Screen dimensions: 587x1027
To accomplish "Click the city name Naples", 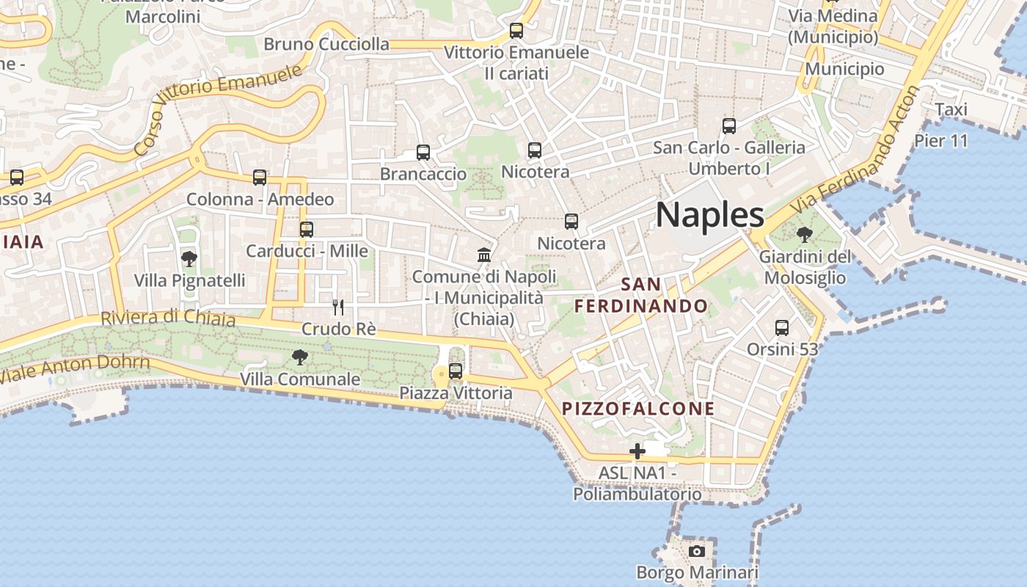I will pyautogui.click(x=709, y=215).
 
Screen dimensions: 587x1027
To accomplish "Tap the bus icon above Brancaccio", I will pyautogui.click(x=423, y=153).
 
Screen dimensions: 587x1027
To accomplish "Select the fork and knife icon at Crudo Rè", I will pyautogui.click(x=338, y=307).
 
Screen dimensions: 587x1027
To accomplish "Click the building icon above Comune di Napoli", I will pyautogui.click(x=484, y=255).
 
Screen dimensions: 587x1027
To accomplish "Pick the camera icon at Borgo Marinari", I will pyautogui.click(x=696, y=551).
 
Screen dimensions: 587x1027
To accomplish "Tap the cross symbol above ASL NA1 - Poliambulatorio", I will pyautogui.click(x=637, y=451).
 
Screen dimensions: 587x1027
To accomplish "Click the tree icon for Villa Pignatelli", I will pyautogui.click(x=189, y=258).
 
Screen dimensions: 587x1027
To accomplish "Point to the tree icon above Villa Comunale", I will pyautogui.click(x=299, y=357).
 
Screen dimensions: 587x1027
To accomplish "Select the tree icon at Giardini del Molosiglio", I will pyautogui.click(x=804, y=235).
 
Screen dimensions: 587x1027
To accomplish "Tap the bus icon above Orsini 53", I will pyautogui.click(x=782, y=327).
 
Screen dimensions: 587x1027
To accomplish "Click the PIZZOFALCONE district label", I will pyautogui.click(x=638, y=409).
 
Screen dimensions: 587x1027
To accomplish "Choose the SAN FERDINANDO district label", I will pyautogui.click(x=641, y=295).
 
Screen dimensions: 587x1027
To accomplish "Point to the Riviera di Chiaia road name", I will pyautogui.click(x=168, y=318).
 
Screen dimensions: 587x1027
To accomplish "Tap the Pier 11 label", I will pyautogui.click(x=941, y=141).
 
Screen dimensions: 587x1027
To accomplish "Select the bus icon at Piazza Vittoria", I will pyautogui.click(x=456, y=371).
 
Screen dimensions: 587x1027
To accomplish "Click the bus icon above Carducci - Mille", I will pyautogui.click(x=307, y=229).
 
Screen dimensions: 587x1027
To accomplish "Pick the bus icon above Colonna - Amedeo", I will pyautogui.click(x=260, y=177).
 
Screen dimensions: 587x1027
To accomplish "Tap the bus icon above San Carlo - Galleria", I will pyautogui.click(x=728, y=125).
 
